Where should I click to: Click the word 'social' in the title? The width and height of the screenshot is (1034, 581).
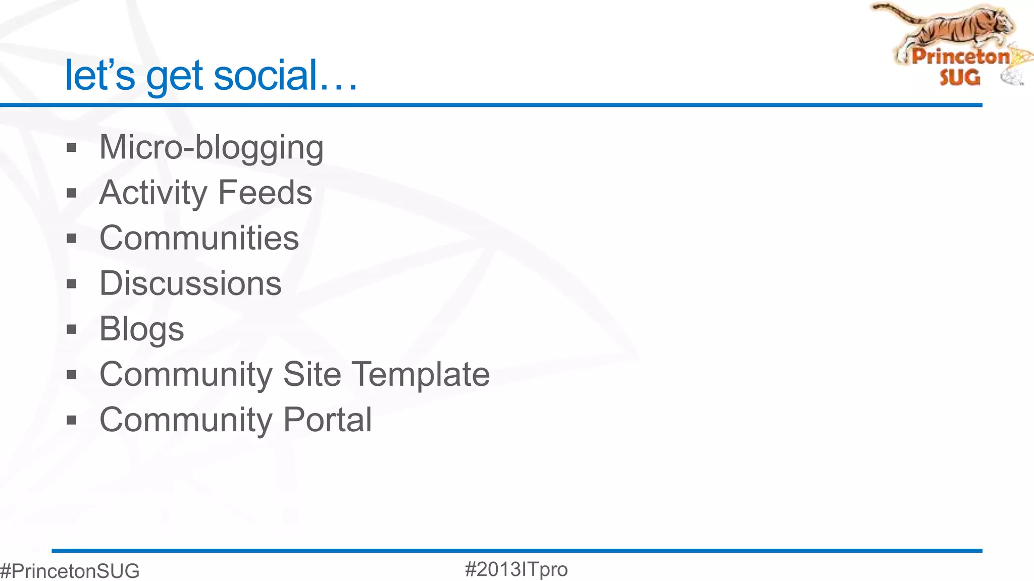[265, 75]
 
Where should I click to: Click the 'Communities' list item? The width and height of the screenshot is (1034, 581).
[199, 238]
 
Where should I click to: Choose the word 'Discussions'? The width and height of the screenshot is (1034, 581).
[190, 283]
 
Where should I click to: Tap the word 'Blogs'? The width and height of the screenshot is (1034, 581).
[142, 329]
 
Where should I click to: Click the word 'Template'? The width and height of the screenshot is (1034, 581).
[421, 374]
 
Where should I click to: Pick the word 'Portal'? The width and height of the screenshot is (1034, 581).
[327, 420]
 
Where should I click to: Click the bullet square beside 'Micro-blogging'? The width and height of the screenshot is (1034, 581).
[72, 148]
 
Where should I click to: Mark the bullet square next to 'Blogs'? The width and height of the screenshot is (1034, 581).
[72, 329]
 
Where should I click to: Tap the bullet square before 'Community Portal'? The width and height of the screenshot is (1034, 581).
[72, 420]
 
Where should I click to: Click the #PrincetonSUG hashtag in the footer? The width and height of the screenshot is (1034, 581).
[70, 571]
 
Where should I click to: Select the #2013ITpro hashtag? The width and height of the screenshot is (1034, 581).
[516, 569]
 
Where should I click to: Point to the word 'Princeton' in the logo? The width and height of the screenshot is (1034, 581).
[960, 56]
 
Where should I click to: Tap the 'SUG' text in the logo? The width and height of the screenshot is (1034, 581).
[960, 77]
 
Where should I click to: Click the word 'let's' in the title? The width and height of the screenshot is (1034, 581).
[100, 75]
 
